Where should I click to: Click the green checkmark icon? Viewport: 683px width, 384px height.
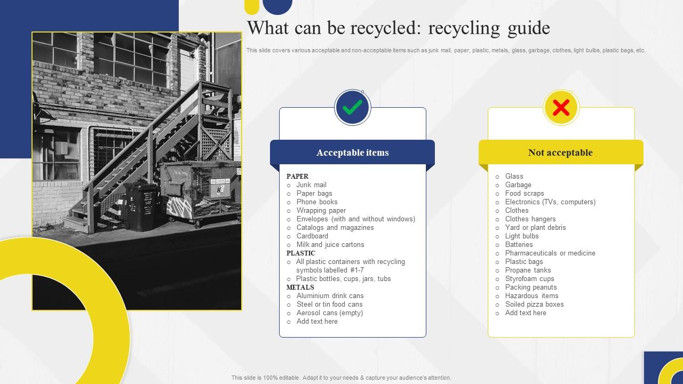point(352,108)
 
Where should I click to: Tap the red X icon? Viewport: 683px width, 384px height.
point(561,108)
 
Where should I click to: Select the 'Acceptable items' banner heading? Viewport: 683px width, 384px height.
point(352,153)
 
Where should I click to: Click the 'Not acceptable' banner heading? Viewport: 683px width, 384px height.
point(560,153)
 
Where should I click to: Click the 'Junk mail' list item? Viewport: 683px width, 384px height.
point(311,185)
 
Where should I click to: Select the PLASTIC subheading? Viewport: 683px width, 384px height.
point(301,253)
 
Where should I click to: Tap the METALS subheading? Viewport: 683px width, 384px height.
point(300,287)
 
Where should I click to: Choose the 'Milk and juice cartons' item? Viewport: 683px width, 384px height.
point(330,245)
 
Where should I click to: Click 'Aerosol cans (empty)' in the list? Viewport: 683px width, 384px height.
point(330,313)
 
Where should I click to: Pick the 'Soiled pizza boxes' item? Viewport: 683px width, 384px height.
point(534,305)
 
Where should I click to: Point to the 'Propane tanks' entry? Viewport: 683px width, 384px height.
point(528,270)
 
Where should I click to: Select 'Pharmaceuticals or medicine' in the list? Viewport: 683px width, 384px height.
point(550,253)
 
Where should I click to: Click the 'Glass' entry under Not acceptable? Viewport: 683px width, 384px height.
point(514,177)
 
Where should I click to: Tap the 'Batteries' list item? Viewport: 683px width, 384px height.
point(519,245)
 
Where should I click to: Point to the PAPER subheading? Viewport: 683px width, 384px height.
point(297,177)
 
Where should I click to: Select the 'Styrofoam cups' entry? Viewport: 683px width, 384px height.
point(529,279)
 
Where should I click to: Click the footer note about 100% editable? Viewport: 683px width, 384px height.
point(341,378)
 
